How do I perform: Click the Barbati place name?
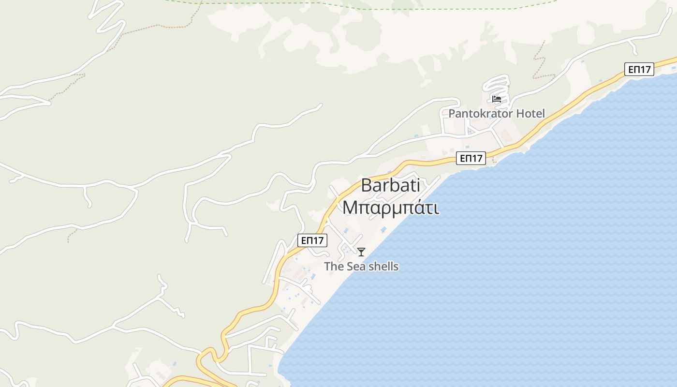coord(390,186)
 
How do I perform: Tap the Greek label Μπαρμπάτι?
coord(391,208)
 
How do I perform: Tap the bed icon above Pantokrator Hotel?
coord(496,99)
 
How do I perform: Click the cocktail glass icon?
coord(361,252)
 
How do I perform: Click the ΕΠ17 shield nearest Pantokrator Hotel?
coord(471,158)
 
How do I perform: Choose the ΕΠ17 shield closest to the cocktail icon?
coord(312,240)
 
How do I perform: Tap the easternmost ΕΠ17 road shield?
coord(639,69)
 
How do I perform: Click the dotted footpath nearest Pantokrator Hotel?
coord(540,63)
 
